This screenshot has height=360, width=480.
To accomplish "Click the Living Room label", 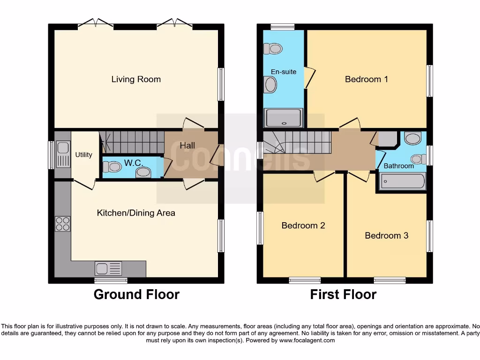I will click(x=136, y=79).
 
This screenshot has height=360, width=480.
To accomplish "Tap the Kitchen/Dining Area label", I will click(x=136, y=213).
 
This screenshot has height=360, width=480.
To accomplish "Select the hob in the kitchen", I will click(x=62, y=224).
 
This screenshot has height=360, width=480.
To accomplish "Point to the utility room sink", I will click(x=62, y=154).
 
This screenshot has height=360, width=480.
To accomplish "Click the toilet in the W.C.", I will click(x=112, y=167).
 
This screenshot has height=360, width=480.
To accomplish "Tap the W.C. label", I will click(x=133, y=163).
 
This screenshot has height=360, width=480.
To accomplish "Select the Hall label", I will click(x=187, y=146).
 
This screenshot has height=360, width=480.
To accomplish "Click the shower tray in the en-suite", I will click(x=284, y=118).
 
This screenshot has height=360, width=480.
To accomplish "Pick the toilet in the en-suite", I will click(x=272, y=48).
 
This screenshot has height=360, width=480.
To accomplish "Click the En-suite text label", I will click(x=284, y=72).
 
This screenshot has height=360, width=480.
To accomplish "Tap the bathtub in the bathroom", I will click(x=402, y=181).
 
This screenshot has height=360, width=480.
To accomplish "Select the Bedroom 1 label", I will click(x=366, y=79).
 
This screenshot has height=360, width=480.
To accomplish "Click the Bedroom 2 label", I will click(x=303, y=225).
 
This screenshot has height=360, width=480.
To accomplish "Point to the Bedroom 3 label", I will click(x=386, y=235).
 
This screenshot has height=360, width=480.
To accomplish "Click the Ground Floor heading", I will click(x=136, y=294).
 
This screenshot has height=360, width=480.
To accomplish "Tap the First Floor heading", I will click(x=343, y=294).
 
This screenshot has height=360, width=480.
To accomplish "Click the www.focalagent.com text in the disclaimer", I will click(x=307, y=340).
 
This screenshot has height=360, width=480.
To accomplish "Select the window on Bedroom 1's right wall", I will click(x=429, y=81).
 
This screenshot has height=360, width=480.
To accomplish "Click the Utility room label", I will click(x=84, y=155).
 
